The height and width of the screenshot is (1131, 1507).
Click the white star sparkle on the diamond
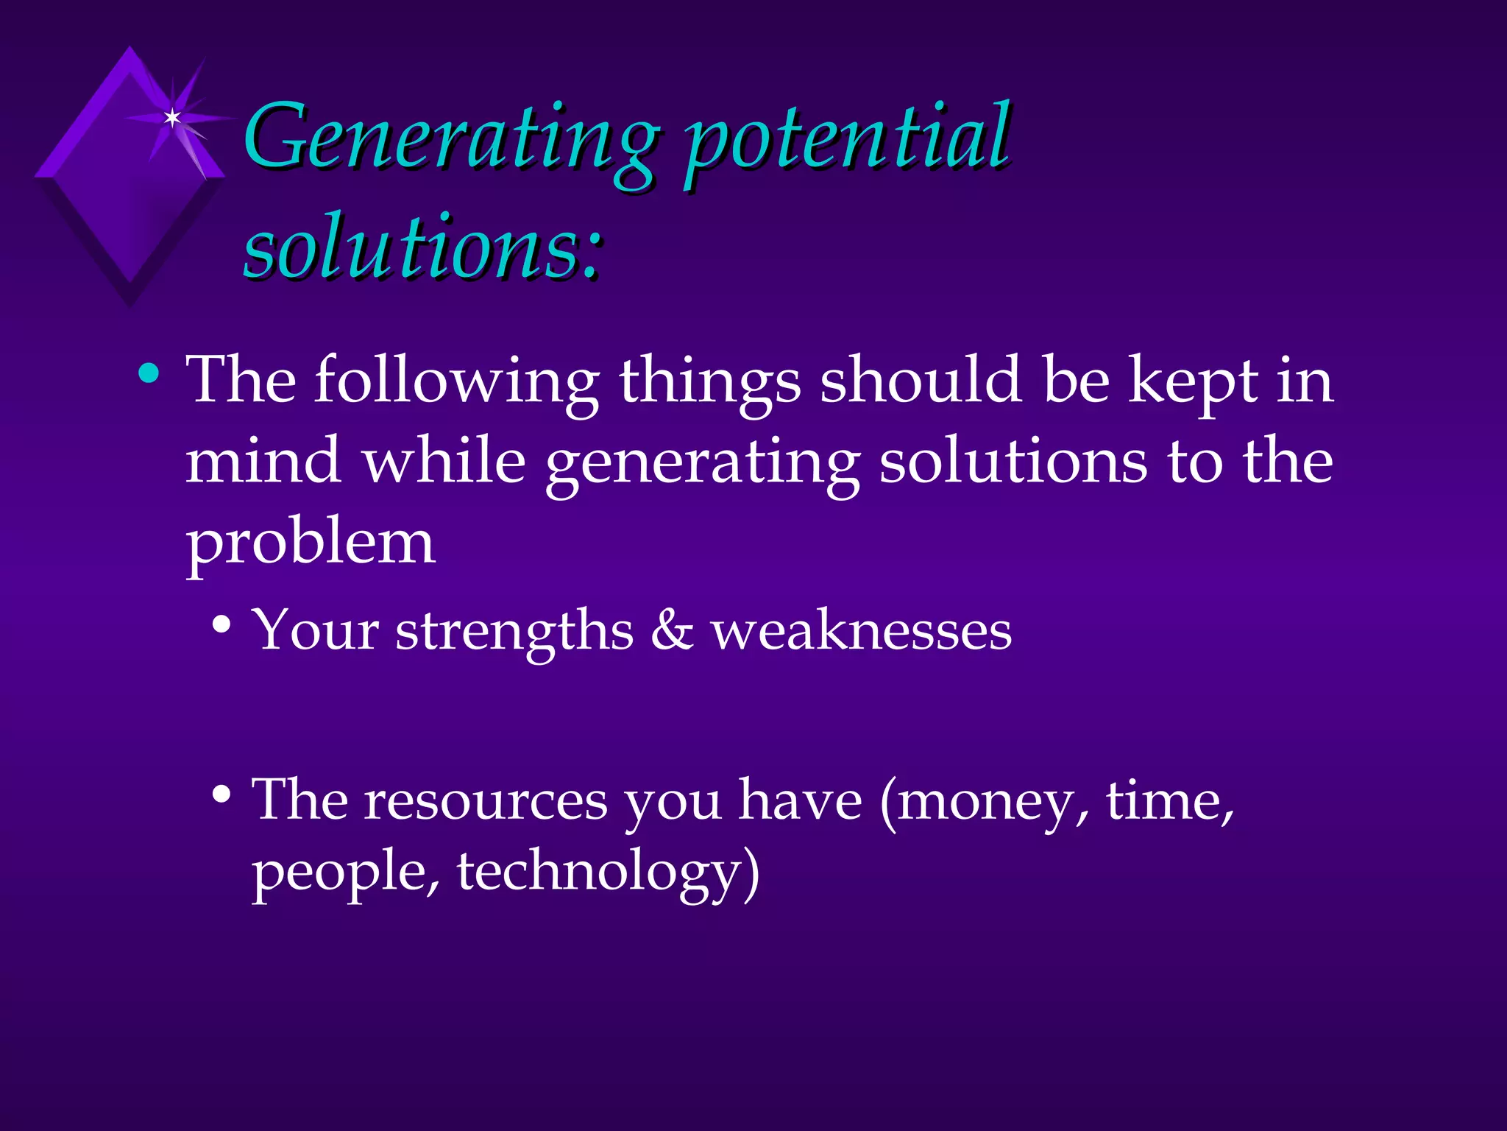click(172, 117)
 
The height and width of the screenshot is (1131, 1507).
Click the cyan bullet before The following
click(149, 373)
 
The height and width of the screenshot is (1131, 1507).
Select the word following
click(456, 381)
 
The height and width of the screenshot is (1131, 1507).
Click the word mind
click(263, 462)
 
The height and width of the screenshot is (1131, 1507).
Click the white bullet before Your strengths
click(221, 625)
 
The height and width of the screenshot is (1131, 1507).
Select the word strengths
click(514, 631)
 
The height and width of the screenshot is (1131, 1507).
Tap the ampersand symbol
click(672, 631)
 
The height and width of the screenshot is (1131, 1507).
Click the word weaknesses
click(861, 633)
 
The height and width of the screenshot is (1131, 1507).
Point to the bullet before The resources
click(221, 794)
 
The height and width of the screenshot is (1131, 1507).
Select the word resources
click(485, 801)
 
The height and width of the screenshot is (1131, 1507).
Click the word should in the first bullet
click(921, 381)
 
